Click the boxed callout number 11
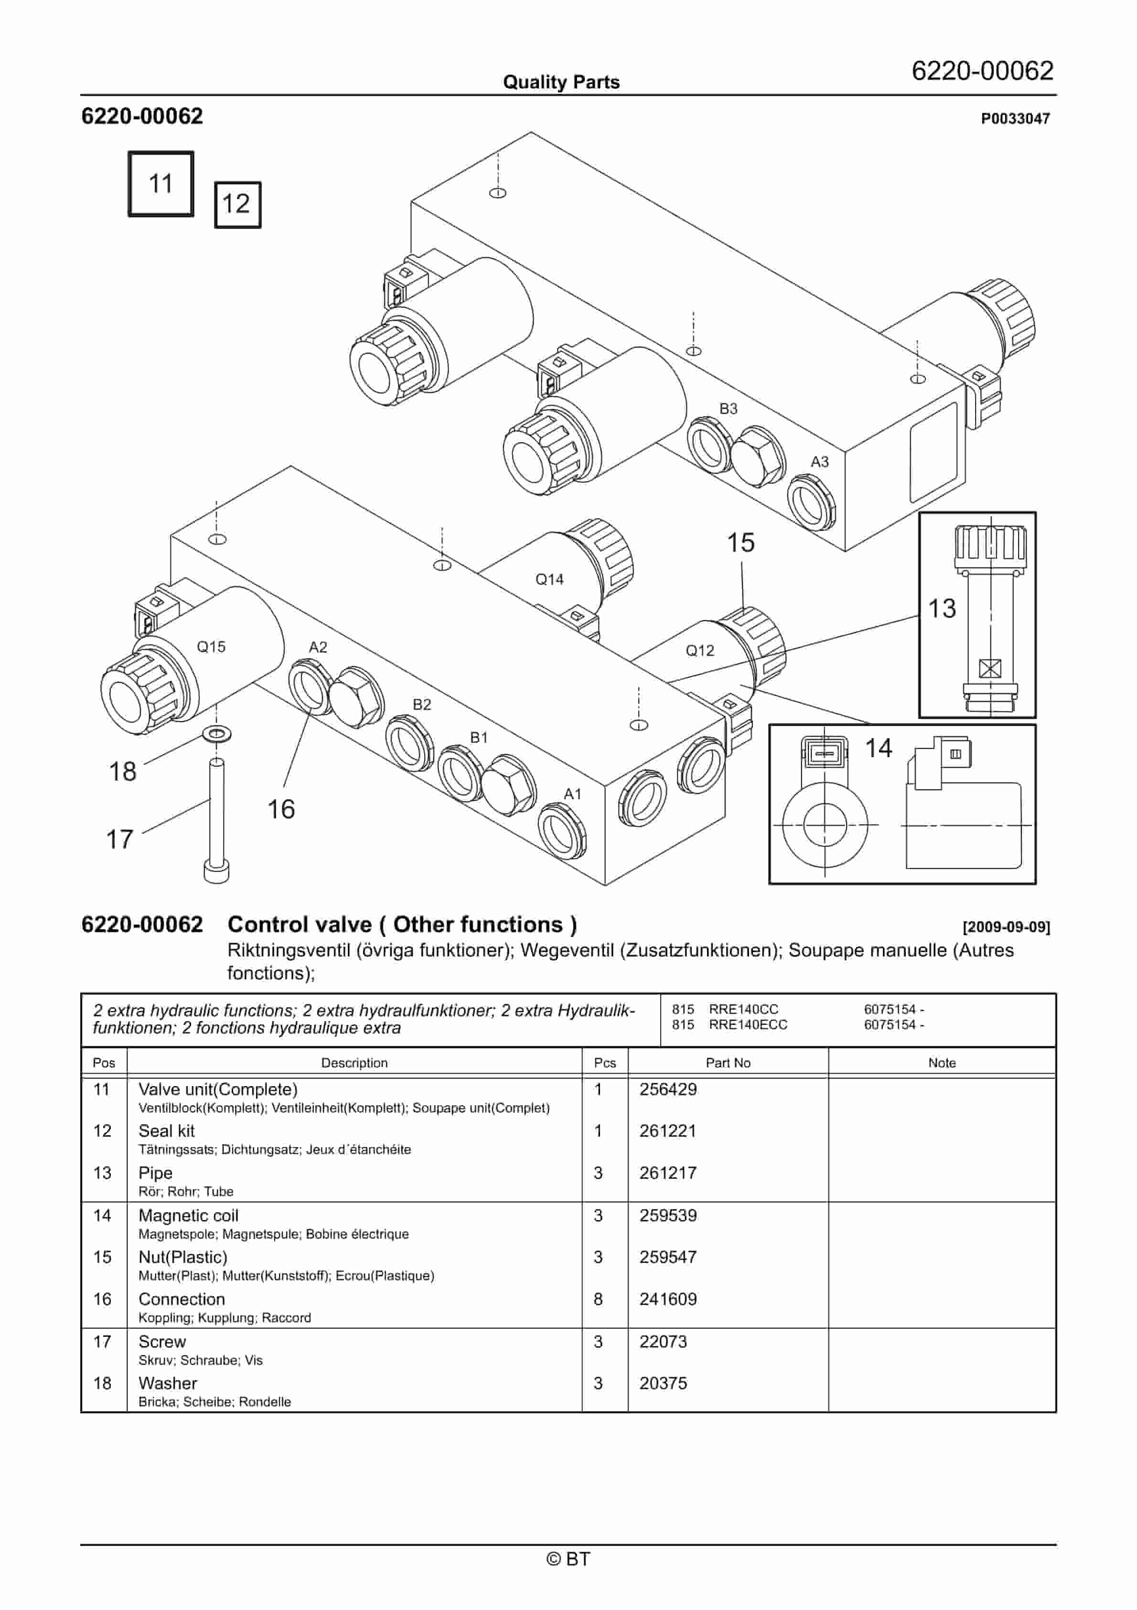161,184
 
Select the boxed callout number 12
237,204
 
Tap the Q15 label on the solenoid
211,646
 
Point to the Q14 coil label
549,579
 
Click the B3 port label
729,409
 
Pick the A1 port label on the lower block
573,794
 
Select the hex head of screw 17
216,871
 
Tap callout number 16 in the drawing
281,809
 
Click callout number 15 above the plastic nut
740,543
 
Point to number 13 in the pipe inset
942,609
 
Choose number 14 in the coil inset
879,748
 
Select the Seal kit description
167,1131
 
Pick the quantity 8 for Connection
598,1299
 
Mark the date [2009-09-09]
1006,927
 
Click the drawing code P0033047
1015,119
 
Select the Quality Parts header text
561,82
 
